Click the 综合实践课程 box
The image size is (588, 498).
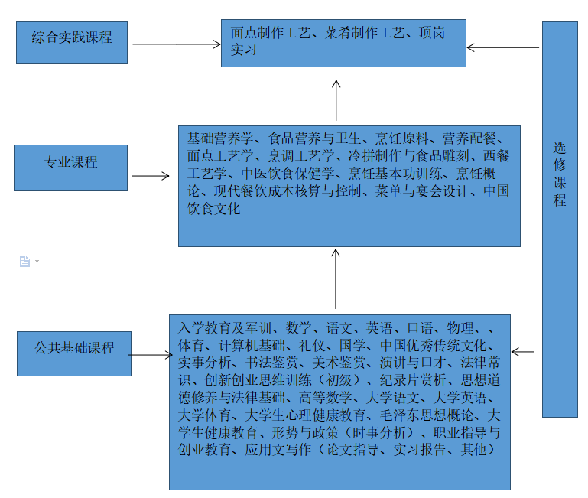pyautogui.click(x=72, y=42)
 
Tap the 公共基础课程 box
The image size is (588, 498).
pyautogui.click(x=74, y=353)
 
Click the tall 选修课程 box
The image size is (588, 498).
pyautogui.click(x=560, y=219)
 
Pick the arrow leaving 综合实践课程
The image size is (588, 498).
pyautogui.click(x=176, y=44)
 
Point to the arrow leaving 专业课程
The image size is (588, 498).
pyautogui.click(x=151, y=176)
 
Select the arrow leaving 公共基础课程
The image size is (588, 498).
pyautogui.click(x=151, y=354)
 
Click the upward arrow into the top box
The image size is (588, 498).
pyautogui.click(x=336, y=99)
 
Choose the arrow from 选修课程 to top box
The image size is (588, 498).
pyautogui.click(x=502, y=47)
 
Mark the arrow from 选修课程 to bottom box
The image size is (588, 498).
pyautogui.click(x=523, y=352)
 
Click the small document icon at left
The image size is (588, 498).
pyautogui.click(x=25, y=261)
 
